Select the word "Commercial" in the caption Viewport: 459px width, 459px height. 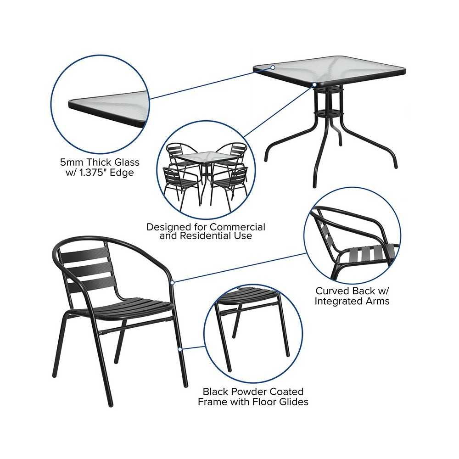point(238,227)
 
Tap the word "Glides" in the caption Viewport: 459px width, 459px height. point(294,402)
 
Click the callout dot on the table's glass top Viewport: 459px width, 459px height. point(273,67)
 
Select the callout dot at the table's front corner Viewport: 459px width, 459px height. point(314,85)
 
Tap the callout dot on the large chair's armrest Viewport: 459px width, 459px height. point(173,282)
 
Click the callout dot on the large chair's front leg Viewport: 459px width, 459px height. point(180,349)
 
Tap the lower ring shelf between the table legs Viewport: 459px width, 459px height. point(329,113)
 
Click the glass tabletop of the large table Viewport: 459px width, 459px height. point(329,70)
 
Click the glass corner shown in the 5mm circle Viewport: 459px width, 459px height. point(108,109)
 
